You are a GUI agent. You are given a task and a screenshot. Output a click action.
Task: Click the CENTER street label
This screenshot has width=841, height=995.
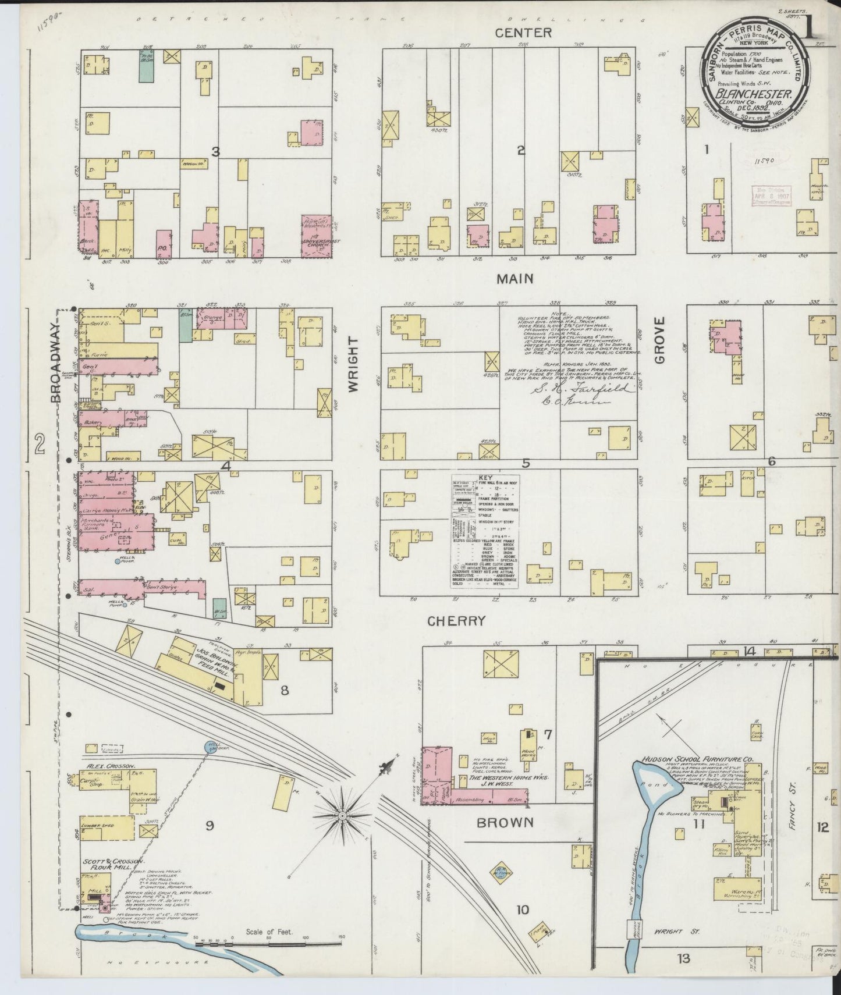click(x=523, y=33)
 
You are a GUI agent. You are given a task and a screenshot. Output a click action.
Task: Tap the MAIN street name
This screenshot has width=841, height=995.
click(x=514, y=279)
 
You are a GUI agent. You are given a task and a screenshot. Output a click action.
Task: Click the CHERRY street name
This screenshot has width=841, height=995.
click(x=456, y=621)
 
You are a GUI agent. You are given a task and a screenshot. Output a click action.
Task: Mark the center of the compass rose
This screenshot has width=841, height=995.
click(x=342, y=817)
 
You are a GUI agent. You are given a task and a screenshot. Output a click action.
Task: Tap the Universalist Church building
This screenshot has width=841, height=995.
click(x=317, y=236)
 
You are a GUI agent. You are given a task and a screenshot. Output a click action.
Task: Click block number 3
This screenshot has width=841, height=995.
click(x=215, y=152)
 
